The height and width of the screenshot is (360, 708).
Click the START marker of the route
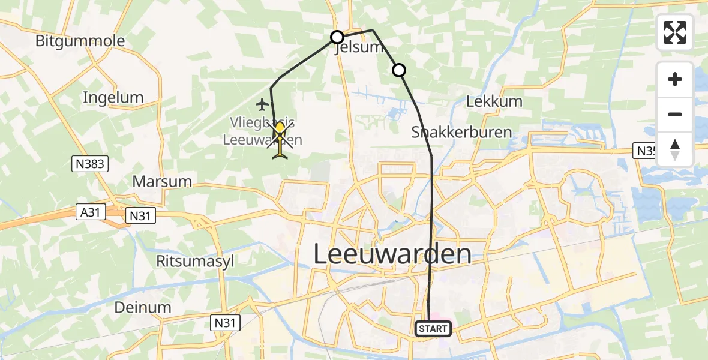pos(433,329)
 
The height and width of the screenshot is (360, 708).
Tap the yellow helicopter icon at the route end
pos(280,140)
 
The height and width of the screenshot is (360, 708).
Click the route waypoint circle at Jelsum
pos(337,37)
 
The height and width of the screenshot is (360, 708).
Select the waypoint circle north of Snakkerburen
pos(399,71)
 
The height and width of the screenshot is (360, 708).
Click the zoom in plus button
pos(675,79)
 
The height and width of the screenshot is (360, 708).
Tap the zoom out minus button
pos(675,114)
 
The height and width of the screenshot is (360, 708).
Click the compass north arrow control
pos(675,149)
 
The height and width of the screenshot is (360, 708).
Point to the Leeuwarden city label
pos(392,255)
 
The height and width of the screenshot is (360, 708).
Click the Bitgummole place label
pos(80,41)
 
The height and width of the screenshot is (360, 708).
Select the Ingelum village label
pos(113,98)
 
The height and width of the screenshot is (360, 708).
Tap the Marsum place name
pos(162,181)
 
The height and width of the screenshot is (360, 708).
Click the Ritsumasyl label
pos(194,262)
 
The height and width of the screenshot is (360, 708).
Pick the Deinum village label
pos(143,307)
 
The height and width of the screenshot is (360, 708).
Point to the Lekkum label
pos(494,101)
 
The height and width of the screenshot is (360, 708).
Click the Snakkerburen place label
pos(462,132)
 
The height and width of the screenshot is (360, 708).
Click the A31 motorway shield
pos(92,211)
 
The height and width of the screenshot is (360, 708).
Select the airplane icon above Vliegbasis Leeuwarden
pos(261,104)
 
